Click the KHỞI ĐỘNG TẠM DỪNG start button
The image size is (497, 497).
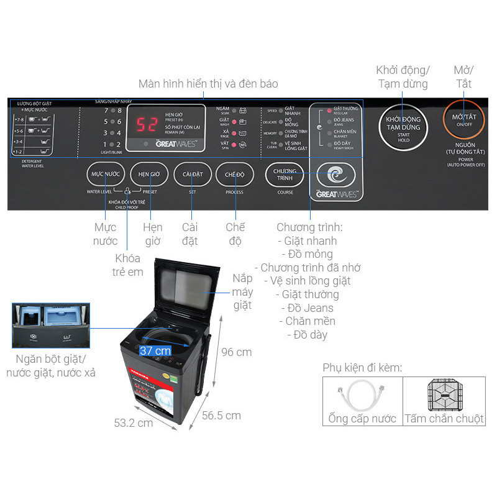click(403, 122)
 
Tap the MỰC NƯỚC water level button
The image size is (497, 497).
click(106, 175)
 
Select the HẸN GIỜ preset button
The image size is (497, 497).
click(149, 175)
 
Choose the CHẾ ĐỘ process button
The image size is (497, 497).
click(235, 175)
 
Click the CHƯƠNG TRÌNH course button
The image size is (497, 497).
click(285, 175)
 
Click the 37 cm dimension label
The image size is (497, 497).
click(155, 351)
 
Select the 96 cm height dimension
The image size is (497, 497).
click(236, 352)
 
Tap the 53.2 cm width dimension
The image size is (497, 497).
click(133, 422)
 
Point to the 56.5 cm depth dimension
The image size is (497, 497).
click(221, 416)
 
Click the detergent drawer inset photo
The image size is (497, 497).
click(51, 326)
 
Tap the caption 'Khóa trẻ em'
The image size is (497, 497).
click(129, 265)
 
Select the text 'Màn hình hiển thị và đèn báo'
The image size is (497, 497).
click(208, 83)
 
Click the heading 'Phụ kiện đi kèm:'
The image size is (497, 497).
click(362, 368)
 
